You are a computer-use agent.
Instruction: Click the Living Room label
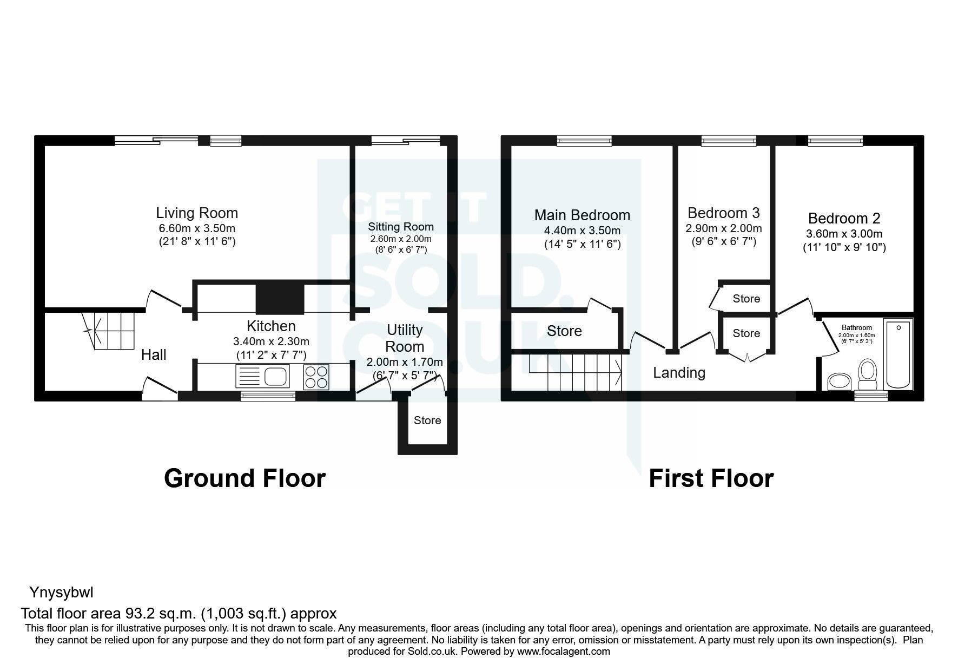pyautogui.click(x=197, y=213)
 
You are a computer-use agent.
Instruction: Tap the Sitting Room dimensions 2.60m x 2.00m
pyautogui.click(x=400, y=239)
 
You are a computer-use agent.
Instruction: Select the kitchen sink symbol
pyautogui.click(x=263, y=376)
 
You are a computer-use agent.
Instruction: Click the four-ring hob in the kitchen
pyautogui.click(x=316, y=377)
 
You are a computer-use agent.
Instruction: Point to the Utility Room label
pyautogui.click(x=405, y=338)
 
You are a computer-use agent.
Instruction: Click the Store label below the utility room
pyautogui.click(x=427, y=420)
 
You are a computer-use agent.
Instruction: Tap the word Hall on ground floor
pyautogui.click(x=154, y=355)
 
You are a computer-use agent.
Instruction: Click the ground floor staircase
pyautogui.click(x=108, y=330)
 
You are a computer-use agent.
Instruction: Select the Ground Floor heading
pyautogui.click(x=245, y=478)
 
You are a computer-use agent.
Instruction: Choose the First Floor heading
pyautogui.click(x=711, y=478)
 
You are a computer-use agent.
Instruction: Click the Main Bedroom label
pyautogui.click(x=582, y=215)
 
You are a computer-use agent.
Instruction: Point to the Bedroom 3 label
pyautogui.click(x=723, y=213)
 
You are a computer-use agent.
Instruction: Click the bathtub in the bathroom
pyautogui.click(x=898, y=353)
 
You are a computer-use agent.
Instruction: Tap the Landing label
pyautogui.click(x=679, y=373)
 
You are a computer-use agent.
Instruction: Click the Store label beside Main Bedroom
pyautogui.click(x=564, y=331)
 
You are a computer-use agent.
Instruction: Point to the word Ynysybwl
pyautogui.click(x=61, y=593)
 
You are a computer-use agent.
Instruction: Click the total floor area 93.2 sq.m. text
pyautogui.click(x=179, y=613)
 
